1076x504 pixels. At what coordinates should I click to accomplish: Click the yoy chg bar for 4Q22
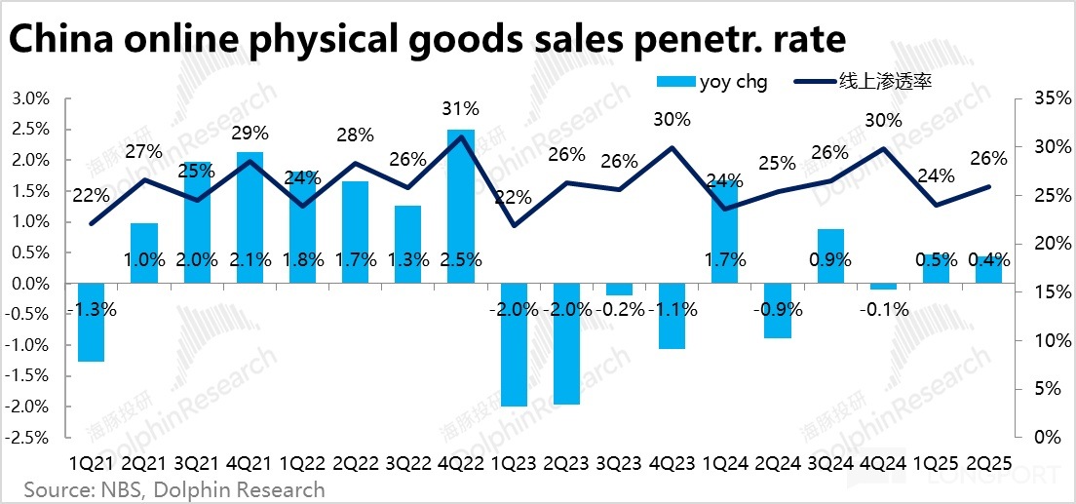pyautogui.click(x=461, y=206)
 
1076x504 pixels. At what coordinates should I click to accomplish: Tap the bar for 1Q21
pyautogui.click(x=91, y=322)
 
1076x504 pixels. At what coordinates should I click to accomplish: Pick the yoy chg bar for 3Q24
pyautogui.click(x=830, y=256)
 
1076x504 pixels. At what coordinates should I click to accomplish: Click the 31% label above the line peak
pyautogui.click(x=461, y=108)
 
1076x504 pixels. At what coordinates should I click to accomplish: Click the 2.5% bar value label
pyautogui.click(x=461, y=260)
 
